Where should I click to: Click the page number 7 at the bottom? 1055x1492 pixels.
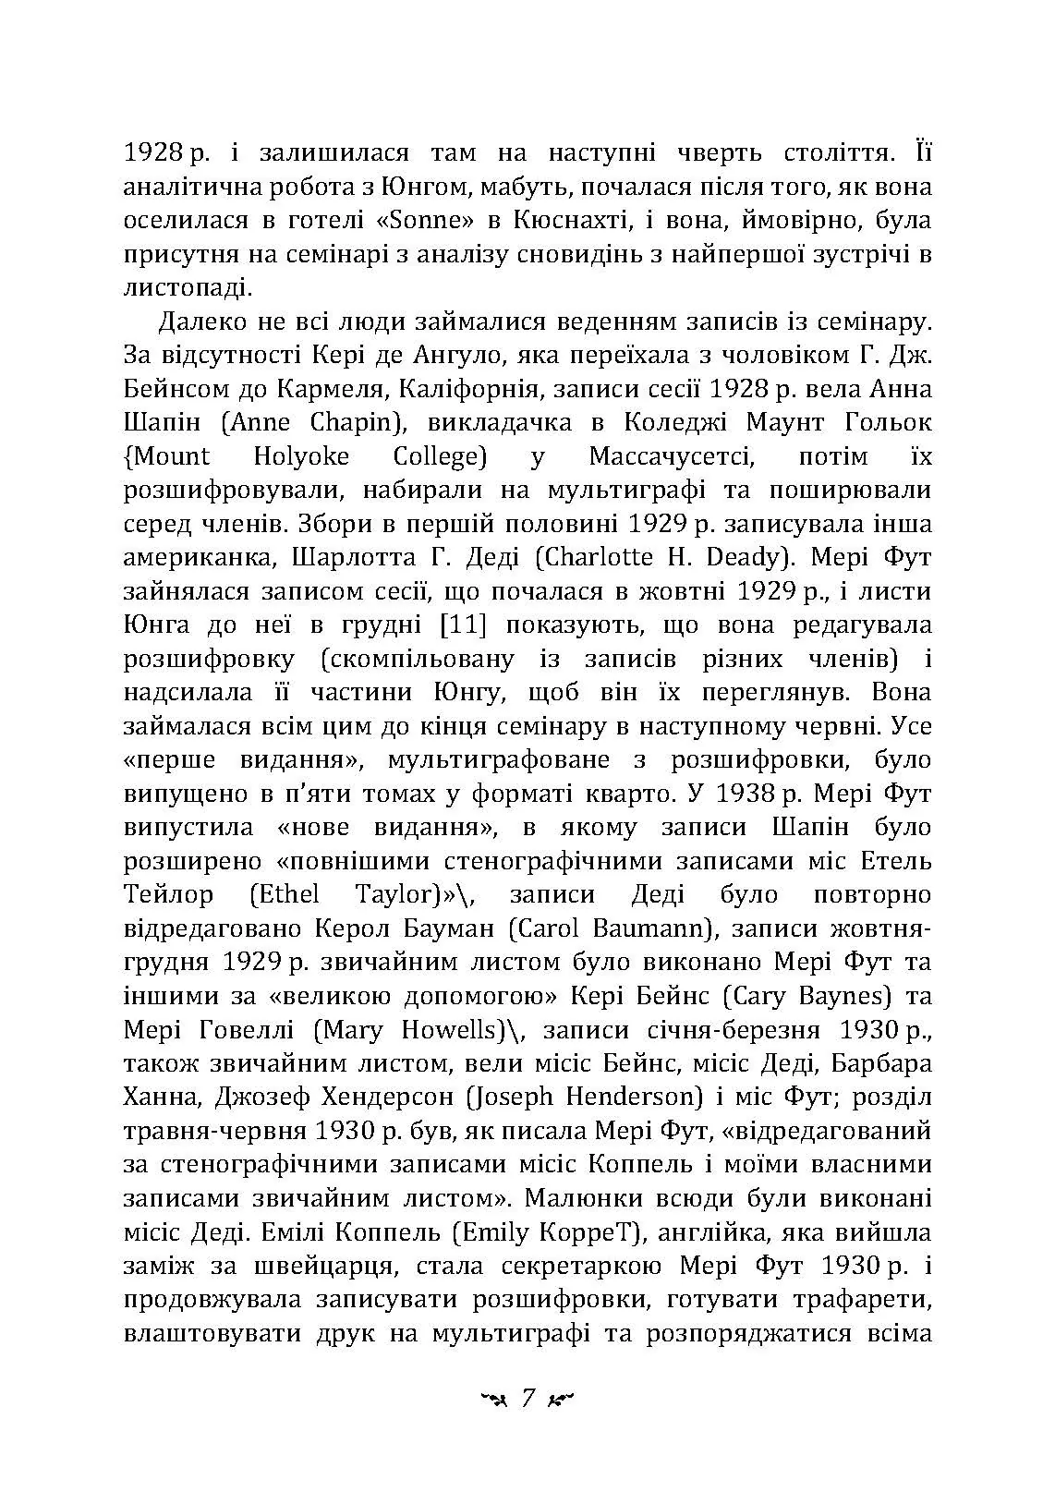click(528, 1397)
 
